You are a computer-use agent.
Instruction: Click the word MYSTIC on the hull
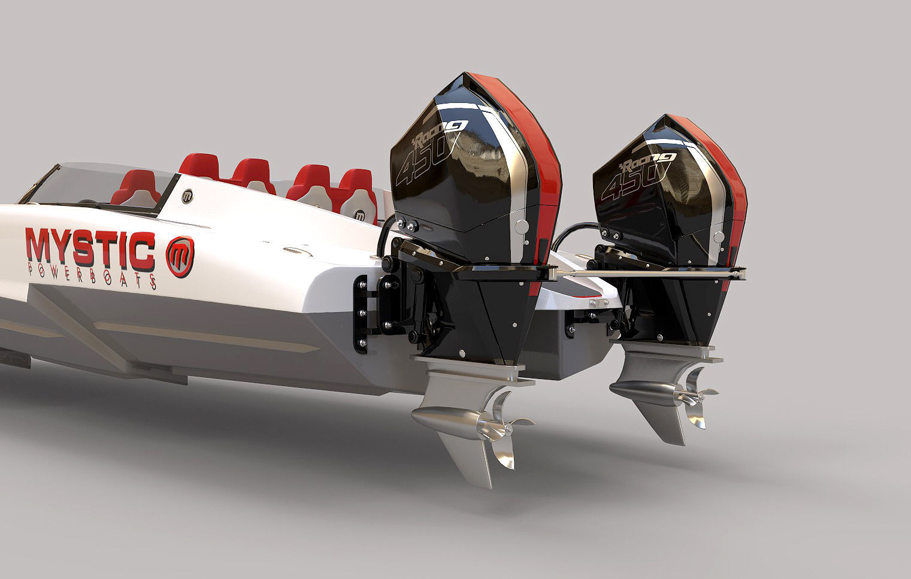(x=89, y=247)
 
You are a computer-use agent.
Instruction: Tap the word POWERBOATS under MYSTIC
(x=93, y=277)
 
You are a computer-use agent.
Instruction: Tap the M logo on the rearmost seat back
(x=360, y=214)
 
